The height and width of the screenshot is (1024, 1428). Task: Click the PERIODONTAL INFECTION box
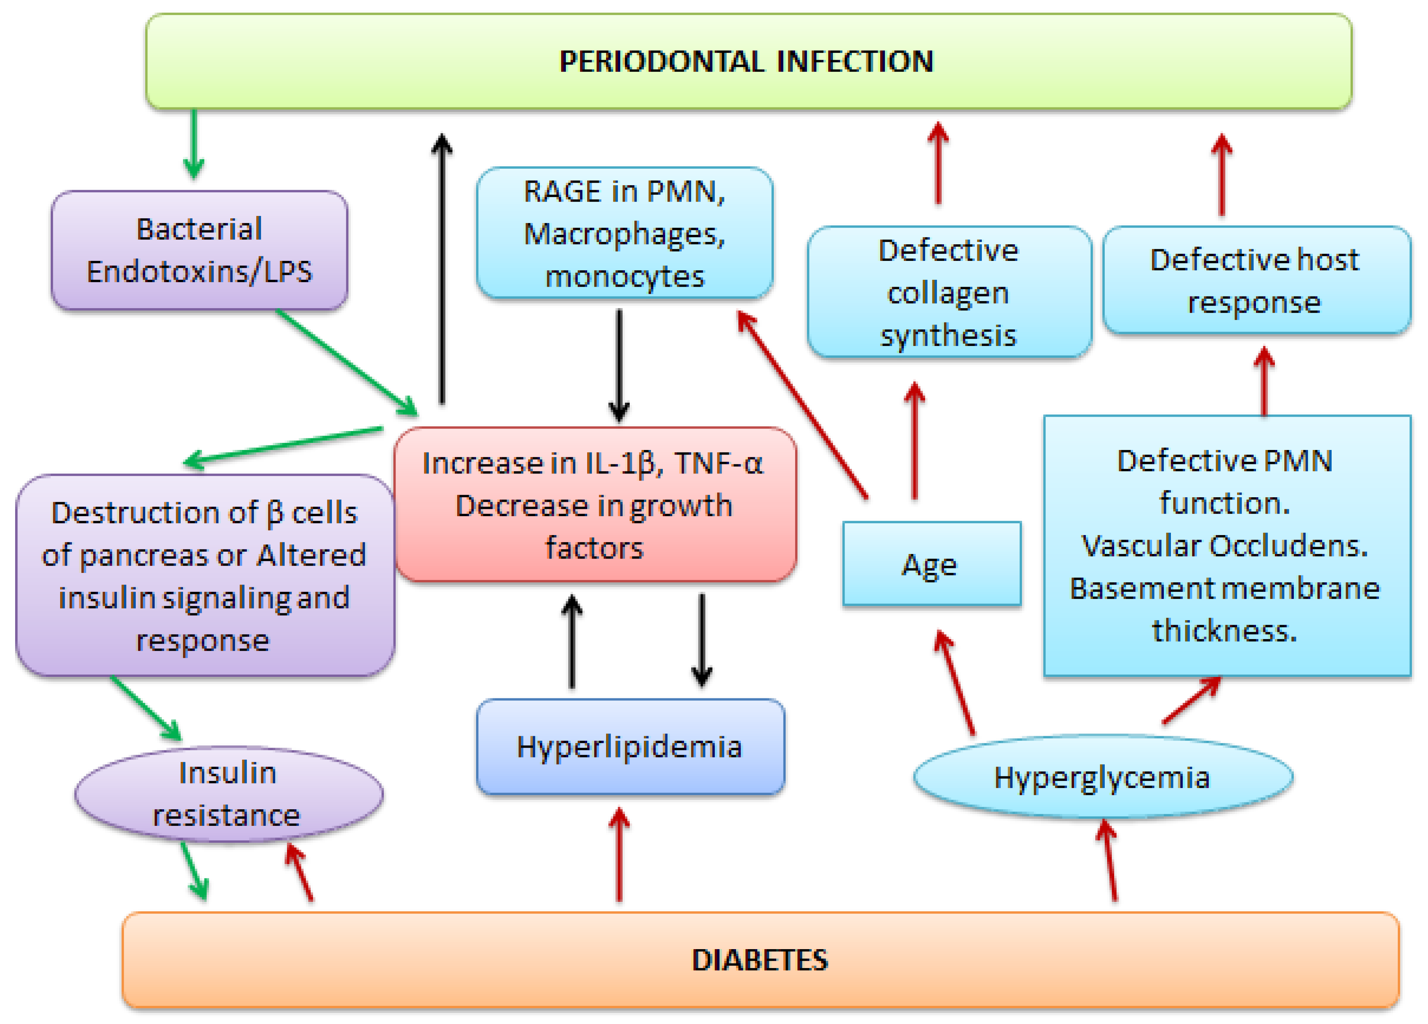click(748, 62)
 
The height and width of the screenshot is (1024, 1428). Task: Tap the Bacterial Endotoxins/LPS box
click(199, 250)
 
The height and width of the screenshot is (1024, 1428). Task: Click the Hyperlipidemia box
click(629, 747)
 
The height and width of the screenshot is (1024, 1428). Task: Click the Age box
click(931, 564)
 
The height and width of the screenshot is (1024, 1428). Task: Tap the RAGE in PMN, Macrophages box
click(624, 233)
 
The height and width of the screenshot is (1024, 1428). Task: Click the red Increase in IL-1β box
click(594, 504)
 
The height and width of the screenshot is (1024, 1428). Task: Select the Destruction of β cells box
click(204, 576)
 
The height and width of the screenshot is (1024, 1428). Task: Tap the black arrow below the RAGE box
click(619, 365)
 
